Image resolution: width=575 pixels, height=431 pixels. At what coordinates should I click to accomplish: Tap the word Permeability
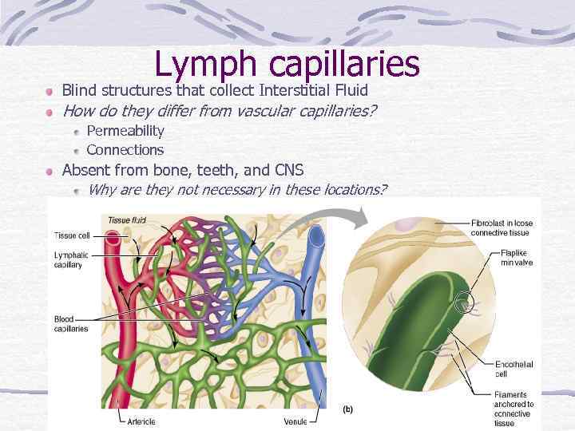125,130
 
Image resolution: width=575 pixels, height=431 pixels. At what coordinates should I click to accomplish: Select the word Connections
125,149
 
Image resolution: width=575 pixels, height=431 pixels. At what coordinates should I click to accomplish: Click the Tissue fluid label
128,219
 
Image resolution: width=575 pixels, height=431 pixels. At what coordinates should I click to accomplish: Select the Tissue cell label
72,235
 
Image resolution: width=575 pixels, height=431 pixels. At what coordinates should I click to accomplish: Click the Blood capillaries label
71,324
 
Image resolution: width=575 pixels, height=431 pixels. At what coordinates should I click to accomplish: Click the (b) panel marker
348,409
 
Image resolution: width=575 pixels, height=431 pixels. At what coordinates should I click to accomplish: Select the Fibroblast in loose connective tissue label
502,227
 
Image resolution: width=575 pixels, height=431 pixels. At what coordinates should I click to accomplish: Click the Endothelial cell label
514,370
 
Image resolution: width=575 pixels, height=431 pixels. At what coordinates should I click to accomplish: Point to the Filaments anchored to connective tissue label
514,409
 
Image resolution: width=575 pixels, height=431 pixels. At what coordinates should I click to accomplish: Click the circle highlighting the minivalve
463,302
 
